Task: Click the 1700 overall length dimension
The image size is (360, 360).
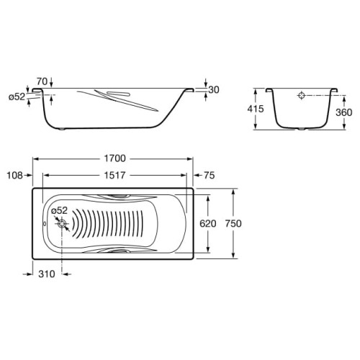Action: [x=114, y=158]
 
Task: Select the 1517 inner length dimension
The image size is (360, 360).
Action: [x=114, y=176]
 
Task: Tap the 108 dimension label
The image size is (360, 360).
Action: [x=15, y=176]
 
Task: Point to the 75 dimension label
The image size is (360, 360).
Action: [x=210, y=176]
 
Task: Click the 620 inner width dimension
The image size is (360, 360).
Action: [x=208, y=224]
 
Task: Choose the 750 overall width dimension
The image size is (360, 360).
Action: [x=233, y=224]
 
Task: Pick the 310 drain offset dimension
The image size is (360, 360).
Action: [x=47, y=274]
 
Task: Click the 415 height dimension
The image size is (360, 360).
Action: [x=256, y=109]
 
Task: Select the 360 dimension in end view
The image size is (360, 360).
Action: [x=343, y=112]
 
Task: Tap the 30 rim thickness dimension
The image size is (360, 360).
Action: [x=214, y=90]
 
